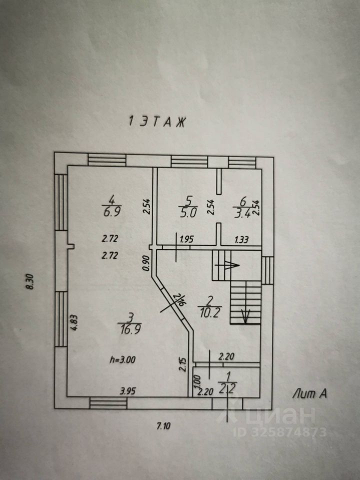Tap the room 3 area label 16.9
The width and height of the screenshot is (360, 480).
coord(129,331)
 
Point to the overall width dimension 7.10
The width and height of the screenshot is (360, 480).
coord(163,426)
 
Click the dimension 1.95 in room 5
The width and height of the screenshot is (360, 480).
coord(186,239)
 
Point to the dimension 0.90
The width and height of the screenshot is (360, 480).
coord(146,264)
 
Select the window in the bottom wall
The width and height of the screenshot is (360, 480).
coord(108,403)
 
